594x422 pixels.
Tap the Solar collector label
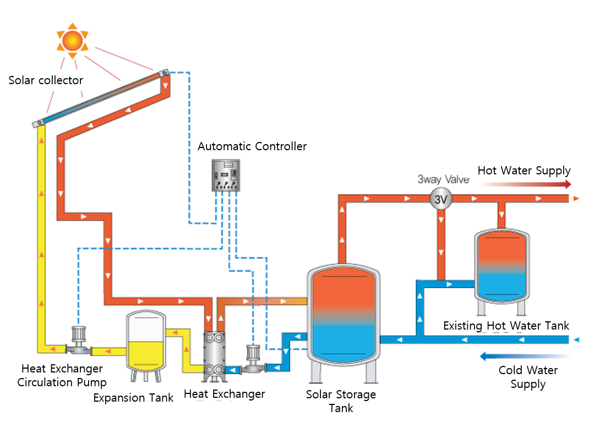[x=46, y=80]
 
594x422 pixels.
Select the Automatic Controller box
[x=227, y=176]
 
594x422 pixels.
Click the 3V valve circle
[x=440, y=199]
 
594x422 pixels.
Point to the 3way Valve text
[x=444, y=179]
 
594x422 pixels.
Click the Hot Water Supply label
[x=524, y=171]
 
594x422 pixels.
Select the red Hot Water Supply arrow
[x=528, y=185]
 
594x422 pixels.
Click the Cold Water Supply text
[x=528, y=377]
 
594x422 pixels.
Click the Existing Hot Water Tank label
[x=506, y=326]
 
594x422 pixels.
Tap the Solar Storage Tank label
[x=341, y=401]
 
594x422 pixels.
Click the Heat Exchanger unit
[x=215, y=356]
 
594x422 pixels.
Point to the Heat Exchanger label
[x=224, y=394]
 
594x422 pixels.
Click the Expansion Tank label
[x=133, y=397]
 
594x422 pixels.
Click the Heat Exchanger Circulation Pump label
[x=62, y=375]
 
